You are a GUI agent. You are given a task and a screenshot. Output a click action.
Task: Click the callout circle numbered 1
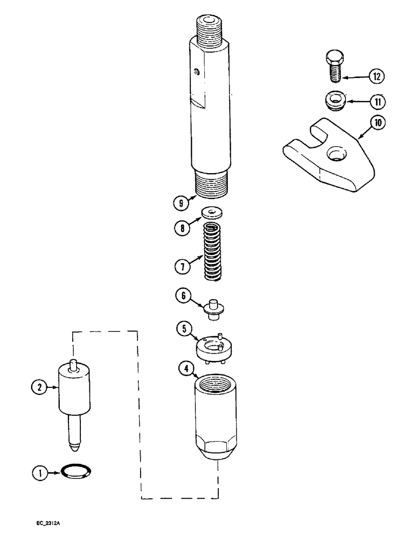point(38,474)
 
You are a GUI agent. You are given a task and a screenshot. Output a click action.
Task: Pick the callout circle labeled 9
point(180,203)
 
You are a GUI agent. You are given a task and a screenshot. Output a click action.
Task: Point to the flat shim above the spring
point(214,212)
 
